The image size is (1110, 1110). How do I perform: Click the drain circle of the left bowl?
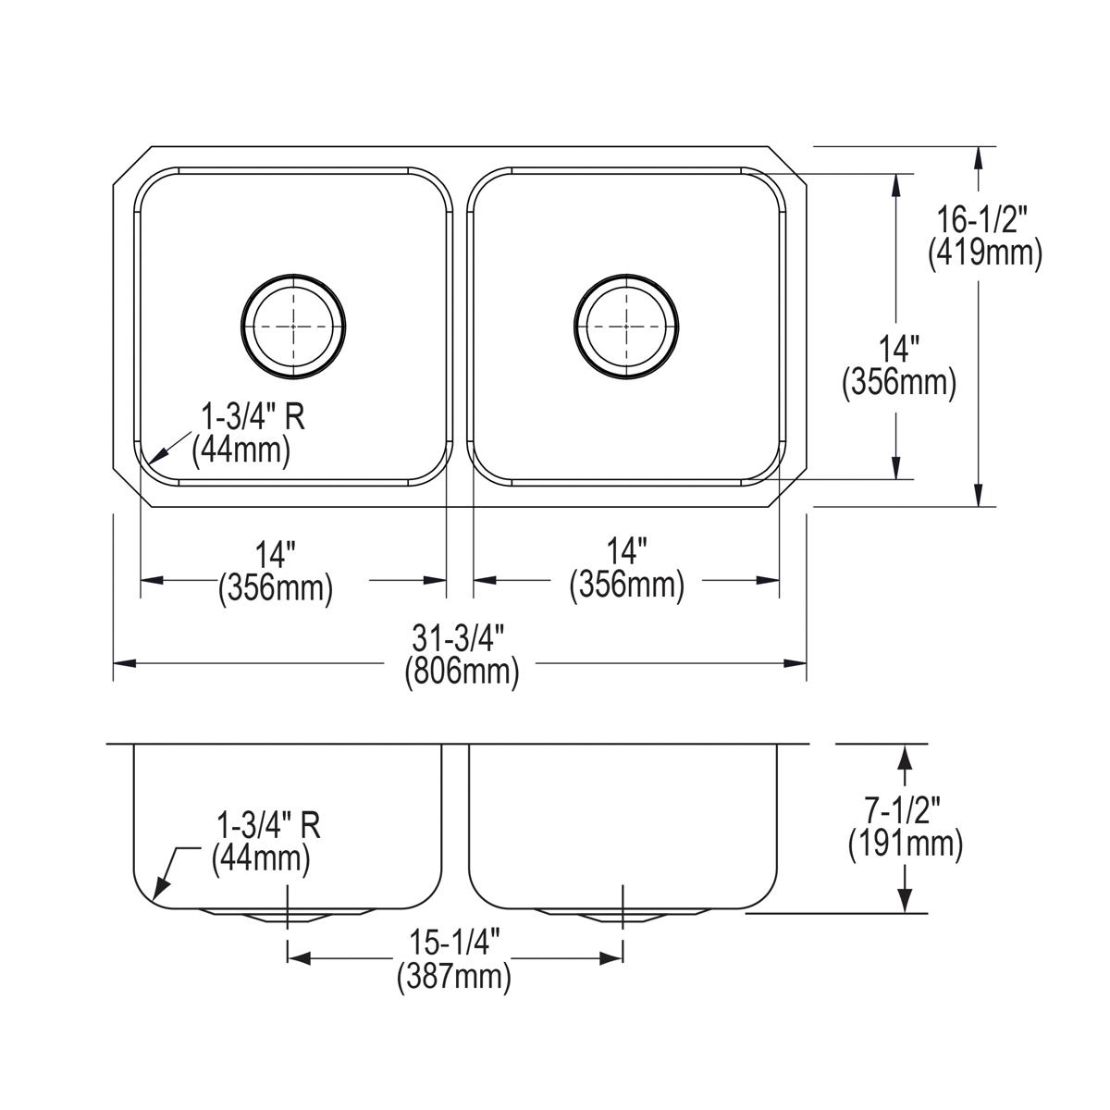tap(294, 326)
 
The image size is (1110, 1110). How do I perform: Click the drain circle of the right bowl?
tap(626, 326)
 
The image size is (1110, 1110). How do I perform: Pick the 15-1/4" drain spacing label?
tap(454, 944)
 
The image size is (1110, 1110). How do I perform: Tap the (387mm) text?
tap(454, 977)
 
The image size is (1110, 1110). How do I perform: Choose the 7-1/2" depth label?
tap(906, 811)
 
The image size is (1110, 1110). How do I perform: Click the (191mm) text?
tap(906, 844)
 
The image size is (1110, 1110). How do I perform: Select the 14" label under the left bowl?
tap(275, 554)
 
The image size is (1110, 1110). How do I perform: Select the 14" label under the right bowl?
tap(626, 554)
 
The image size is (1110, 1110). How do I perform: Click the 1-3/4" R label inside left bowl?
tap(248, 417)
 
